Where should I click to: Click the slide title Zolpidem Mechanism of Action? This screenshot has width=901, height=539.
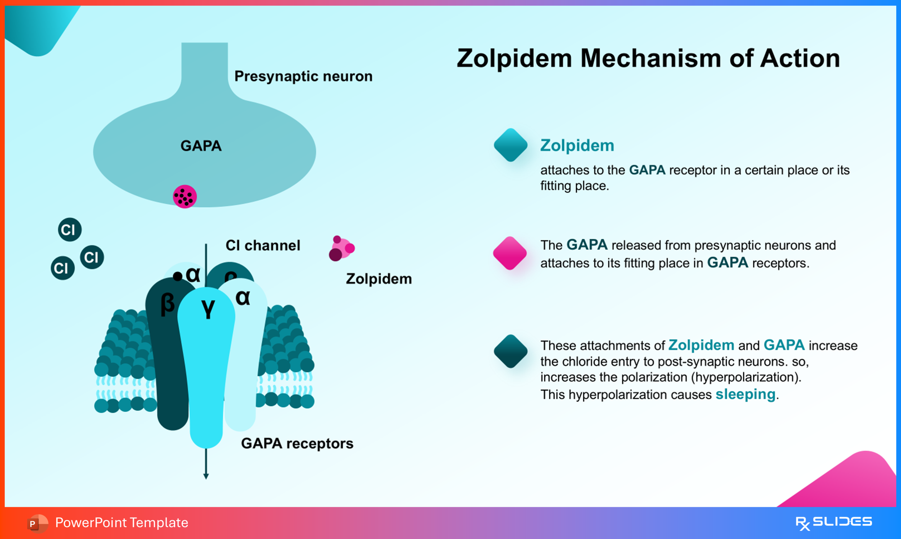(648, 58)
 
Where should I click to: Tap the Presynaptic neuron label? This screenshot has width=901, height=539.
(303, 76)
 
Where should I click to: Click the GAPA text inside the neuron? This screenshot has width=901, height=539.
(201, 146)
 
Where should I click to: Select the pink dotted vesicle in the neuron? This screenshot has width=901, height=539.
(185, 197)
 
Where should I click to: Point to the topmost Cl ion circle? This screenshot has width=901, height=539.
(69, 230)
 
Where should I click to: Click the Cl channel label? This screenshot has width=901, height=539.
(263, 246)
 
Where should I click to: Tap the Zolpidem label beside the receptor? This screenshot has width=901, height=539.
(379, 279)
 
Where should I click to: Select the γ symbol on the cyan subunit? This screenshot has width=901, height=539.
(208, 309)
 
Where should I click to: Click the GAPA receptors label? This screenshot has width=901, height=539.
(297, 443)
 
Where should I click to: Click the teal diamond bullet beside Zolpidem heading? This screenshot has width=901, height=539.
(510, 145)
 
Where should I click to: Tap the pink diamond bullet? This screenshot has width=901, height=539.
(510, 253)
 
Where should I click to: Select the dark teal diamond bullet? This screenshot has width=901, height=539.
(510, 351)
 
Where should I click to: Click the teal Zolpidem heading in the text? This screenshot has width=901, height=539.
(577, 146)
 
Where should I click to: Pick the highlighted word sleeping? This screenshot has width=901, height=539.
(745, 394)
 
